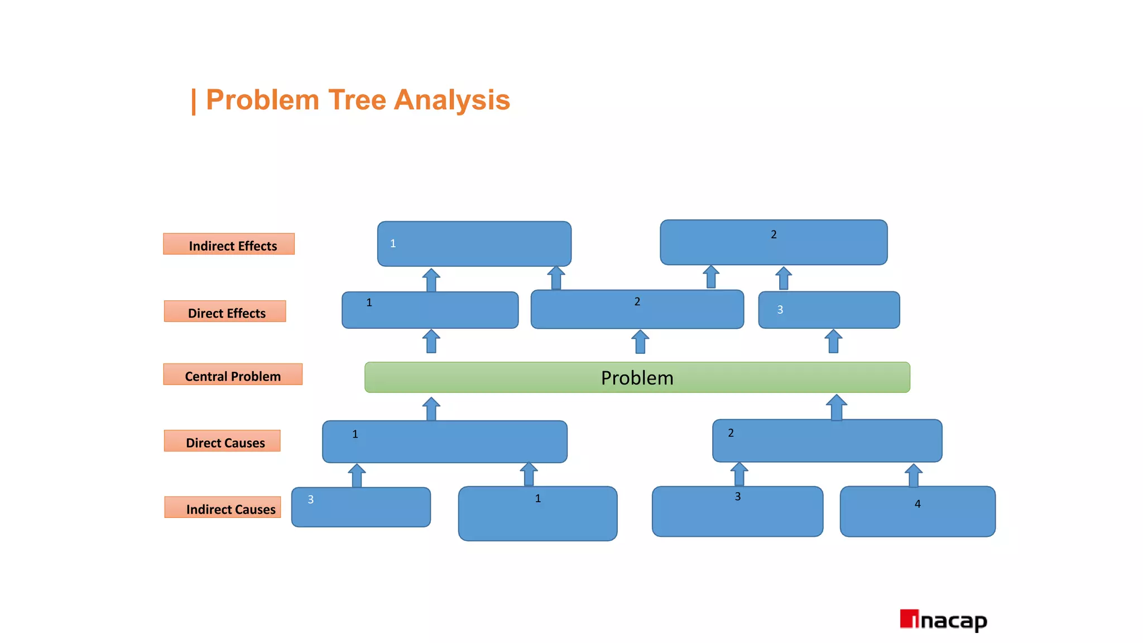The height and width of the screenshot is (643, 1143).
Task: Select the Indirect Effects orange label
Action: pyautogui.click(x=229, y=244)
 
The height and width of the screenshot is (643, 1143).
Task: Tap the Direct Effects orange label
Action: pyautogui.click(x=225, y=311)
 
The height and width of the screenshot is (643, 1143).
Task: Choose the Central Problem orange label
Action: pyautogui.click(x=233, y=375)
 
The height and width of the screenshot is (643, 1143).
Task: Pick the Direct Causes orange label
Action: pyautogui.click(x=222, y=441)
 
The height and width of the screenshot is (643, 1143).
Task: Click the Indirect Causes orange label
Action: pyautogui.click(x=223, y=507)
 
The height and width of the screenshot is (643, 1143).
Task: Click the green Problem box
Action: pyautogui.click(x=637, y=377)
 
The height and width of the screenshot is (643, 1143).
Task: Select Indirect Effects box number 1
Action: pyautogui.click(x=474, y=244)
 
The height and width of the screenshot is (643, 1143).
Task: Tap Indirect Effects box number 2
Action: pyautogui.click(x=774, y=242)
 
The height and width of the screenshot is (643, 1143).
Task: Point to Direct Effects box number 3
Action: pyautogui.click(x=829, y=310)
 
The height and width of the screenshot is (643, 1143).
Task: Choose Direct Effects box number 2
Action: pyautogui.click(x=637, y=309)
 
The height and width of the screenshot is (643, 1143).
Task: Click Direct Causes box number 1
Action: pyautogui.click(x=444, y=442)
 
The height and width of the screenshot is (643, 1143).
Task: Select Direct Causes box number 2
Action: pyautogui.click(x=827, y=441)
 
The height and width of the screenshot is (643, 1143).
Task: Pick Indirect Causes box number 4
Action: pyautogui.click(x=918, y=511)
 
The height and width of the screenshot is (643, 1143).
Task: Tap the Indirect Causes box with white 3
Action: pyautogui.click(x=361, y=507)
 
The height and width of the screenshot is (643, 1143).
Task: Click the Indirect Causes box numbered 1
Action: pyautogui.click(x=537, y=514)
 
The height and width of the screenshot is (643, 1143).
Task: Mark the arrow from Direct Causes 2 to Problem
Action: pyautogui.click(x=836, y=407)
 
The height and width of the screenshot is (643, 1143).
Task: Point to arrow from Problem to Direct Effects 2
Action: pyautogui.click(x=640, y=342)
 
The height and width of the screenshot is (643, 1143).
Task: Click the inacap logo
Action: pyautogui.click(x=943, y=620)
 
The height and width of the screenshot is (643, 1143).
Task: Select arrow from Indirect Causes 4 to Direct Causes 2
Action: pyautogui.click(x=913, y=476)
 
